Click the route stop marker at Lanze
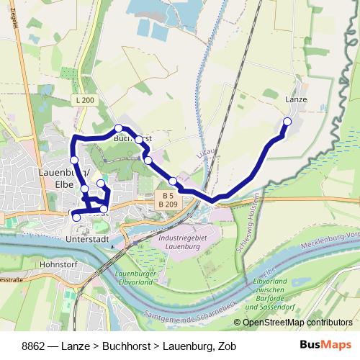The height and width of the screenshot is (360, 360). coord(287,121)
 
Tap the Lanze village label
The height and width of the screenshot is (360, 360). coord(296,100)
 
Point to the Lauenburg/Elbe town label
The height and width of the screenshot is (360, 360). coord(62,177)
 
